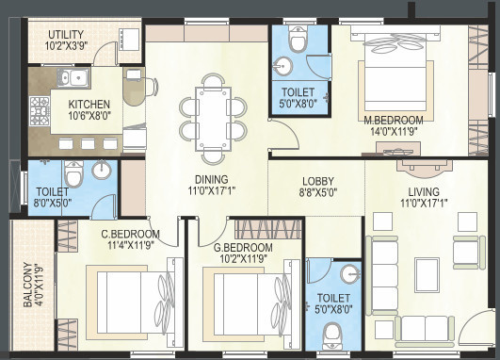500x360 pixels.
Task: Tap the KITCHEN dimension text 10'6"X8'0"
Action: pyautogui.click(x=89, y=118)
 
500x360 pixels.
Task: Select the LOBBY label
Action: pyautogui.click(x=317, y=182)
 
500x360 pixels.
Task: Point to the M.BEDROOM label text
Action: pyautogui.click(x=394, y=121)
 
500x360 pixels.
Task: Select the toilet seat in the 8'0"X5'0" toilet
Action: pyautogui.click(x=73, y=173)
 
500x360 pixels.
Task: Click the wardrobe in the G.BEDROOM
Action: pyautogui.click(x=268, y=229)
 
